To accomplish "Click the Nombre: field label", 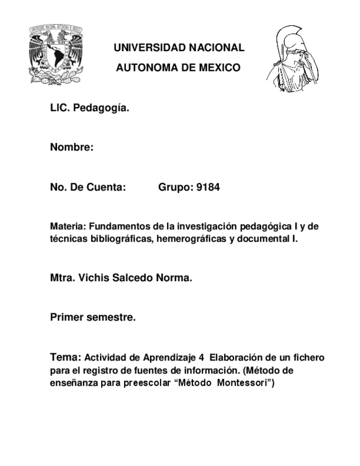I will click(71, 148).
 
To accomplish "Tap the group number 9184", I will click(208, 187).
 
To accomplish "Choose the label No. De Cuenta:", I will click(88, 187).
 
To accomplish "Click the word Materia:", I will click(68, 226).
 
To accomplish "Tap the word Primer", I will click(67, 318).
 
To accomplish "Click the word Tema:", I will click(65, 357).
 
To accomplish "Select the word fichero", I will click(308, 358).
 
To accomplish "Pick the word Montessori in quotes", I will click(243, 383).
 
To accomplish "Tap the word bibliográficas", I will click(115, 239).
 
